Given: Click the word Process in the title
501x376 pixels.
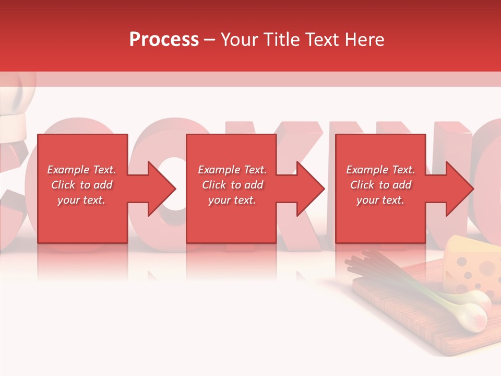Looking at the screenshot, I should [x=164, y=40].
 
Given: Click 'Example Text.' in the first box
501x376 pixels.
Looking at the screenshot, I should [x=82, y=170].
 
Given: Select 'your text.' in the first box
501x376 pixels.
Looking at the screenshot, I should [x=82, y=200].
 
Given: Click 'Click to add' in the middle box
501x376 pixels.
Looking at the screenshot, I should [x=232, y=185].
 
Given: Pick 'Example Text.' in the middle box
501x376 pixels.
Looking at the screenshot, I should [x=232, y=170].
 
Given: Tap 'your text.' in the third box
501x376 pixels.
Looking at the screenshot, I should [x=380, y=200].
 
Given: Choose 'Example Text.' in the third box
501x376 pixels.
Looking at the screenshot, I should [x=380, y=170].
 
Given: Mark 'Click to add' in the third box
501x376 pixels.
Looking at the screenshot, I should [x=380, y=185].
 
